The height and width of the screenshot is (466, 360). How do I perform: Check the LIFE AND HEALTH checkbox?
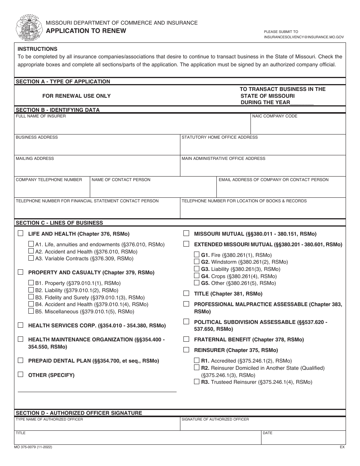(20, 233)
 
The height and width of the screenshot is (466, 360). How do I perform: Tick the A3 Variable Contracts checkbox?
(31, 258)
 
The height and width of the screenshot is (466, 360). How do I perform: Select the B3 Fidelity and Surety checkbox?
(31, 297)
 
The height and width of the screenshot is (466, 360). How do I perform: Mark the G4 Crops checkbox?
(197, 276)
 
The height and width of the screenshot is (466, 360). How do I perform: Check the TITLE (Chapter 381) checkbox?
(186, 293)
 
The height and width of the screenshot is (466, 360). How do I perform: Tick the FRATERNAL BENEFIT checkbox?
(186, 339)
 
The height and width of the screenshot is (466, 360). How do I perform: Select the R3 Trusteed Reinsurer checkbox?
(197, 382)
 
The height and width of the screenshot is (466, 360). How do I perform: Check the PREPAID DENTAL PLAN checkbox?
(20, 360)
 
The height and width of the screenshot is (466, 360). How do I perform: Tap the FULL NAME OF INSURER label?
(41, 116)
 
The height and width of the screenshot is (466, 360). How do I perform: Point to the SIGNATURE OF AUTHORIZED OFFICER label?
(215, 419)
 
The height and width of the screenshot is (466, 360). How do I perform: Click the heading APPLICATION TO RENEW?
(86, 31)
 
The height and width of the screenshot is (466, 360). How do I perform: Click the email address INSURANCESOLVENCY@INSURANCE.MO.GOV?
(304, 38)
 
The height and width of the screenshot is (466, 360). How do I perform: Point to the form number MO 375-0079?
(33, 447)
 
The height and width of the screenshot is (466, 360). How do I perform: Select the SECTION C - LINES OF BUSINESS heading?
(59, 223)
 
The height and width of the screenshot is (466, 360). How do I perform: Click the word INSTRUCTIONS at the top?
(38, 49)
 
